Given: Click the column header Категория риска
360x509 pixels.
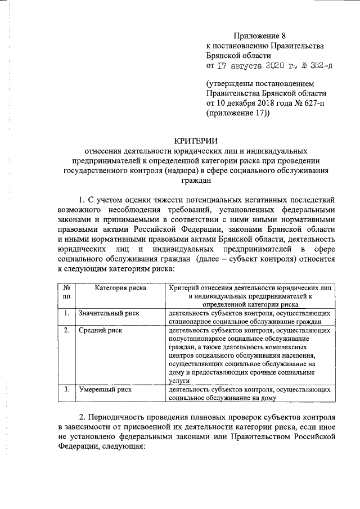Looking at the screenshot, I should pyautogui.click(x=120, y=287).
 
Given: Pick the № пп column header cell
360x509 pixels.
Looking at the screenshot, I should pyautogui.click(x=66, y=291).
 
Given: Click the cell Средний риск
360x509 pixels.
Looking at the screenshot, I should pyautogui.click(x=101, y=330).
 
